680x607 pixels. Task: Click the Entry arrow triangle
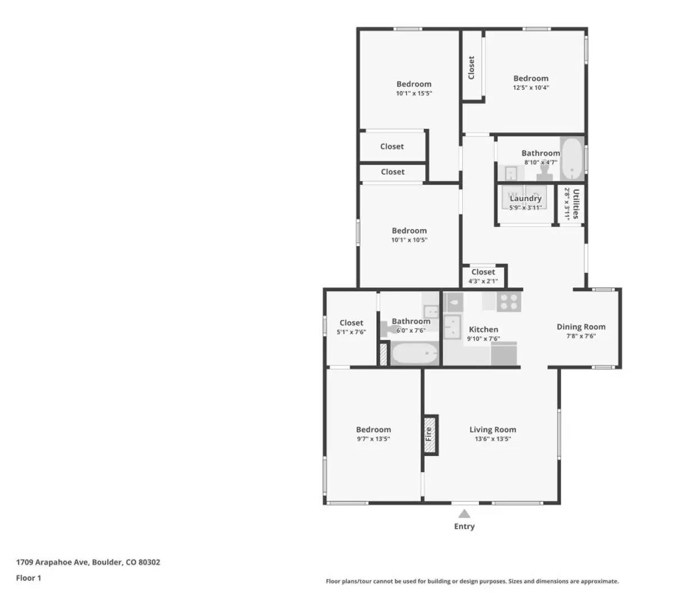pos(464,513)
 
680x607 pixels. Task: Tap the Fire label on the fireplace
pos(429,434)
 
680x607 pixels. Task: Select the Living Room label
pos(492,429)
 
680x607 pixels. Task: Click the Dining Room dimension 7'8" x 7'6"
pos(581,336)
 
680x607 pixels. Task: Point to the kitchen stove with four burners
pos(509,302)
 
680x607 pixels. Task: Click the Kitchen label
pos(483,329)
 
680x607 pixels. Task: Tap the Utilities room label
pos(576,204)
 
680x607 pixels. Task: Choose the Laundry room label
pos(526,198)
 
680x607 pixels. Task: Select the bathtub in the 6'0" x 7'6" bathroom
pos(414,354)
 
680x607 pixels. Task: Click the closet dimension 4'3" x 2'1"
pos(483,281)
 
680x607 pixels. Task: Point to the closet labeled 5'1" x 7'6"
pos(352,327)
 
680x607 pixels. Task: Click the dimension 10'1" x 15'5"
pos(414,93)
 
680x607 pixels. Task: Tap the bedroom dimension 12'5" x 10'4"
pos(531,88)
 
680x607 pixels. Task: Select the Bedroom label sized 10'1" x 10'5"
pos(409,230)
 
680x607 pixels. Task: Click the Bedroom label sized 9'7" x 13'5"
pos(373,429)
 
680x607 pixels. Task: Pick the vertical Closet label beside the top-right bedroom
pos(472,67)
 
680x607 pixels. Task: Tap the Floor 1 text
pos(29,578)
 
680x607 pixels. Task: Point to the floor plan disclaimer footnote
pos(472,581)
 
